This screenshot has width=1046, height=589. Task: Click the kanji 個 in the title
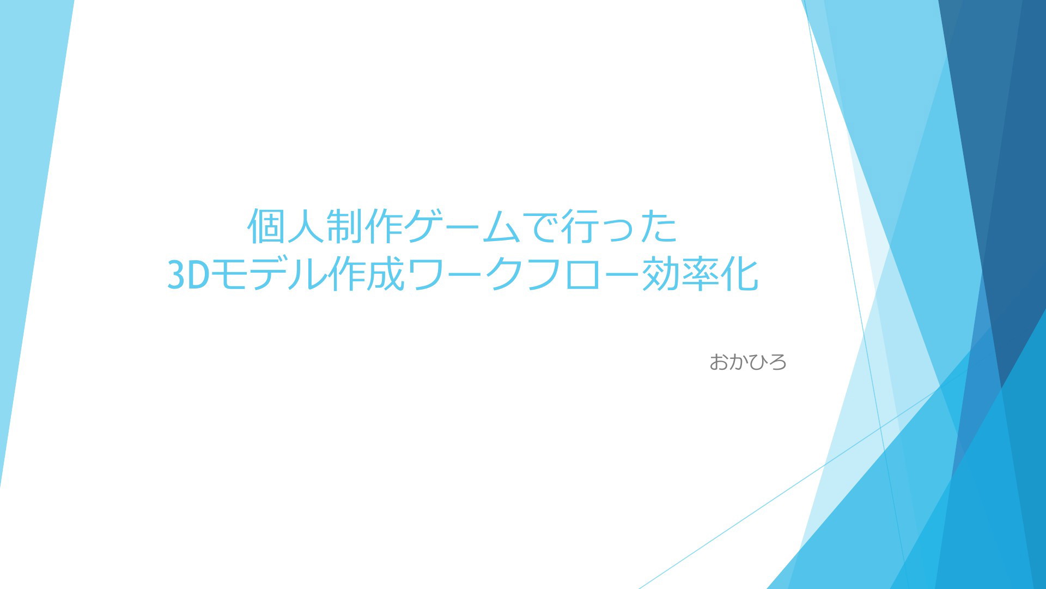(267, 226)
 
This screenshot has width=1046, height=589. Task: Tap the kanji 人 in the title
(306, 226)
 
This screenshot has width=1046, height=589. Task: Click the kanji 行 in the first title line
(581, 226)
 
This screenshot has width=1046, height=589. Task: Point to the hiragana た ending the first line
(659, 226)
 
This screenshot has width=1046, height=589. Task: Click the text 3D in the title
(188, 274)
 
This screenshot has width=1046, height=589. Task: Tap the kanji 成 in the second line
(386, 274)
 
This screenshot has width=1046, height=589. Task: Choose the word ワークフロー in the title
(523, 274)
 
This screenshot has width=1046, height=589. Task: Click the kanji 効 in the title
(660, 274)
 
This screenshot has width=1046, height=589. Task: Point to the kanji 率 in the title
(700, 274)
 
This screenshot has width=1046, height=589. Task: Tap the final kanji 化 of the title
(739, 274)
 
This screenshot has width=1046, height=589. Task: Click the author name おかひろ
(748, 362)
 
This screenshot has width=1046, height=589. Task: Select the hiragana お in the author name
(719, 362)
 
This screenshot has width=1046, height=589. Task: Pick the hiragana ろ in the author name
(777, 362)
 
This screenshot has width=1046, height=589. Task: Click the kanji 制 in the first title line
(345, 226)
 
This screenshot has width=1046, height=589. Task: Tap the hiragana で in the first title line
(542, 226)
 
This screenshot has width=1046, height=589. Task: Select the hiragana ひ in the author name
(758, 362)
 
